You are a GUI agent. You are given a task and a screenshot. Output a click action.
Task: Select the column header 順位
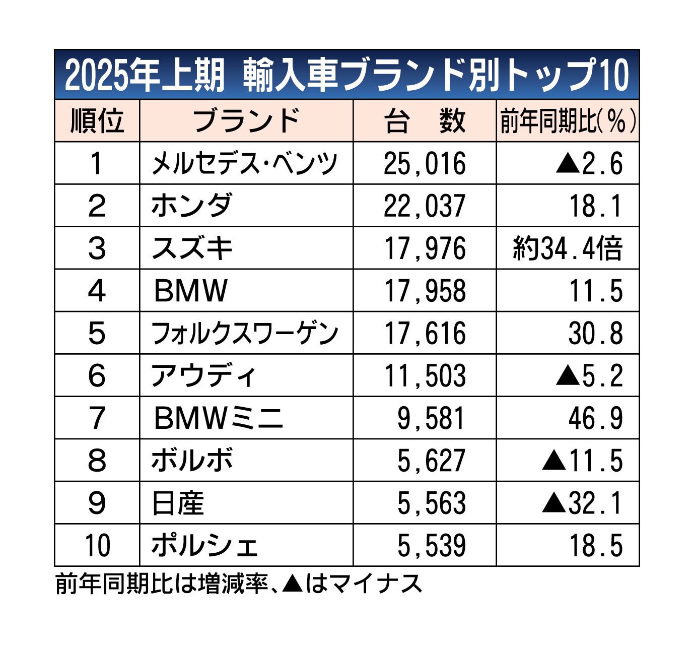[97, 121]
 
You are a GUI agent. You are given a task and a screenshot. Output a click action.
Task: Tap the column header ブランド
[246, 121]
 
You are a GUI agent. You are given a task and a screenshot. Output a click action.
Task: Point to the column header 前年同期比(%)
[568, 121]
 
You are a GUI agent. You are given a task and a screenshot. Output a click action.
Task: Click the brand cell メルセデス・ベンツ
[245, 163]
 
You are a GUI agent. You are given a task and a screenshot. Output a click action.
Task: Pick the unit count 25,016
[424, 163]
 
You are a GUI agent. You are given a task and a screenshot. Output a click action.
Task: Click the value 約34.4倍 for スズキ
[568, 248]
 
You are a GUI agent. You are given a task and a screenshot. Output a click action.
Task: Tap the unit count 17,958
[424, 291]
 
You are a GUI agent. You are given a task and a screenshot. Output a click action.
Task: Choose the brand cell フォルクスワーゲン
[245, 333]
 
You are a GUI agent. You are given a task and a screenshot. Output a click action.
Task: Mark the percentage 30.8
[596, 333]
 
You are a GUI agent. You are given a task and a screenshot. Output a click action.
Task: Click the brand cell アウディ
[204, 376]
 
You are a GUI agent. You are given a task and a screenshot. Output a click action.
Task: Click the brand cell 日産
[178, 503]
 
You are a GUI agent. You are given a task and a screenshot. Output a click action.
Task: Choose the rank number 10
[97, 546]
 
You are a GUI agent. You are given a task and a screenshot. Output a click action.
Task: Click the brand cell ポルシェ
[204, 546]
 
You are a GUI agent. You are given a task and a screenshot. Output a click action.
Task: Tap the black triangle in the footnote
[292, 585]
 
